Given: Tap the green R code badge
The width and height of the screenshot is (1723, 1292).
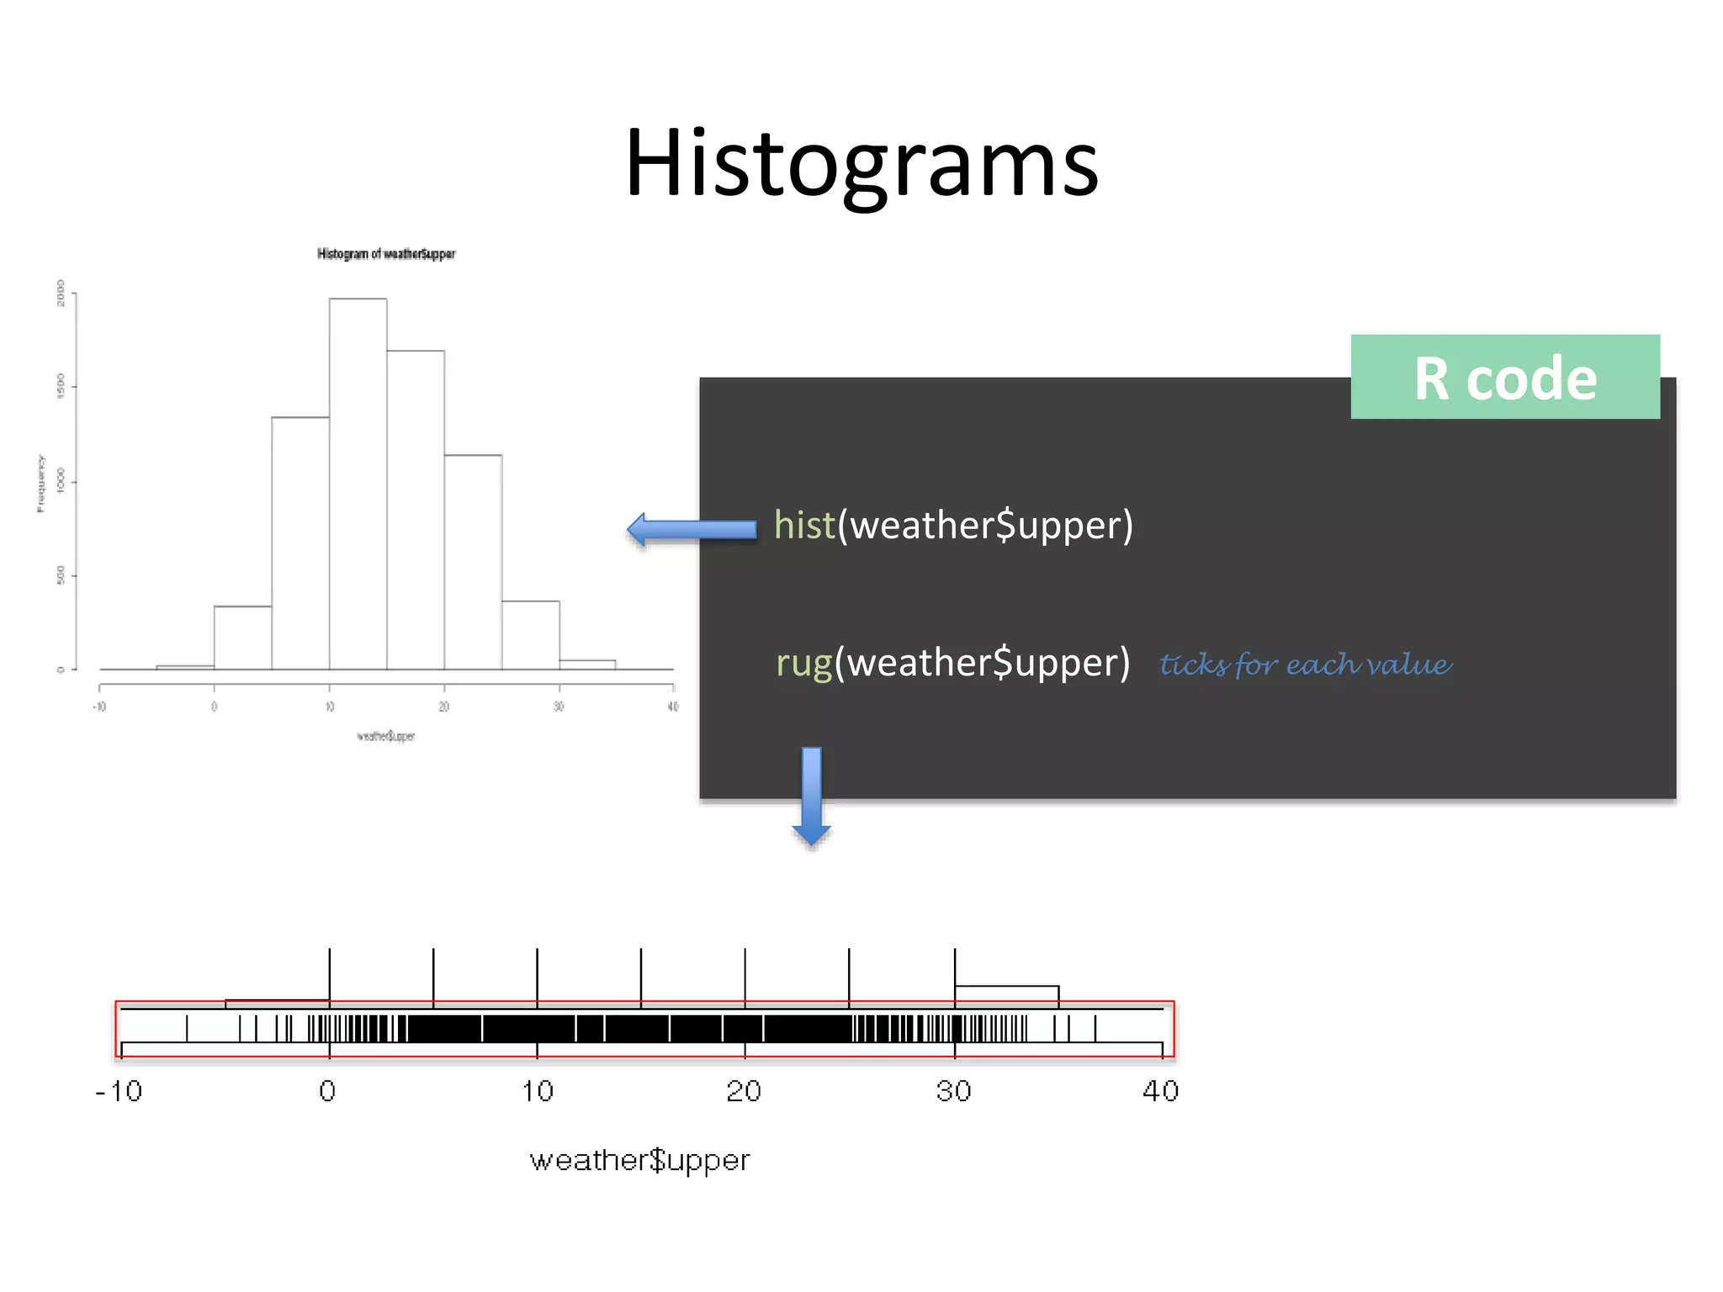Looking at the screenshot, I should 1504,378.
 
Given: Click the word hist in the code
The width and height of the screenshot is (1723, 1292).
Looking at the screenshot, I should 804,525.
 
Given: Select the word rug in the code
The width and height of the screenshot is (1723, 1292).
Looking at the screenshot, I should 803,663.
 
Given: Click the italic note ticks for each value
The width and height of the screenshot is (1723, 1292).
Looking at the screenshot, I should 1305,665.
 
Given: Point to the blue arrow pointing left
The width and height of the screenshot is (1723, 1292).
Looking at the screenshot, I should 692,529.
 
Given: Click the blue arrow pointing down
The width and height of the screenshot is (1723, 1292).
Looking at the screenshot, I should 811,795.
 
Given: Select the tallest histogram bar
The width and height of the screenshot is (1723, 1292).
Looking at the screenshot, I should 358,484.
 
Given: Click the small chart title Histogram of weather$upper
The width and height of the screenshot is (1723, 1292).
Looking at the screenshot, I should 386,254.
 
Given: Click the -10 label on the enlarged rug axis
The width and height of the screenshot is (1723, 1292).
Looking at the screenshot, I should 119,1092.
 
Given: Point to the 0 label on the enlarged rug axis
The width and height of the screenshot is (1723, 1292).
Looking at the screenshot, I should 328,1092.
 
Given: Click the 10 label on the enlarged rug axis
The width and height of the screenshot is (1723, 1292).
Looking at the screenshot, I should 537,1092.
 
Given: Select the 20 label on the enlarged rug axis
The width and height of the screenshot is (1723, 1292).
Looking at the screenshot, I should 744,1092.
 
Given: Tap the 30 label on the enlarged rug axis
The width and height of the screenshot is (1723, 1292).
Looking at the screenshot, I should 953,1092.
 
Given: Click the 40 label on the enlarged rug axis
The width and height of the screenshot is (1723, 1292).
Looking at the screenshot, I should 1160,1092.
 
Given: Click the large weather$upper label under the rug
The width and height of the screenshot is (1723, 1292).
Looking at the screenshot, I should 639,1161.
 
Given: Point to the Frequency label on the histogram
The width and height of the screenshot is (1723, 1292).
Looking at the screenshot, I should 40,483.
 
